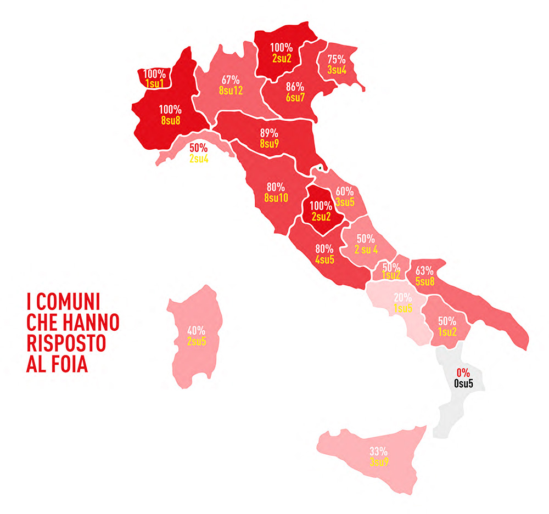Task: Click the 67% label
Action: (230, 80)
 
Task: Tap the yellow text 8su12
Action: (230, 91)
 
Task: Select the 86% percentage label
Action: (295, 86)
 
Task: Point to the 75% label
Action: (336, 59)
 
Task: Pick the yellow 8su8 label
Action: (170, 120)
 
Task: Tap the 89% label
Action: (269, 133)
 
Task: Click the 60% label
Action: (344, 191)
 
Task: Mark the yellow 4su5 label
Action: (324, 259)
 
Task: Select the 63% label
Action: (424, 270)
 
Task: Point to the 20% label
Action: (402, 298)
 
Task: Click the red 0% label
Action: (463, 373)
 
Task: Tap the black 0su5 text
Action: (463, 383)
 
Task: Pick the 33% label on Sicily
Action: (378, 451)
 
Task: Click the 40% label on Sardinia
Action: (196, 331)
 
